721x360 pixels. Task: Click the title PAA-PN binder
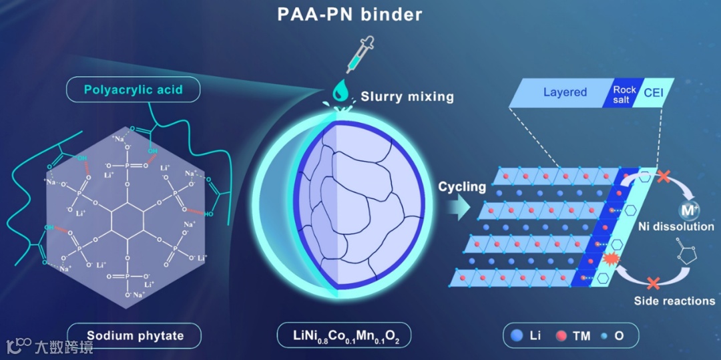(350, 15)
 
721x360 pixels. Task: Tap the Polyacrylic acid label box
(134, 89)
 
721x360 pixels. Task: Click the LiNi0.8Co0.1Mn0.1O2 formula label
(344, 335)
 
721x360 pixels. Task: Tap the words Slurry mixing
(407, 96)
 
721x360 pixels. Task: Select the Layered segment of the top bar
(564, 92)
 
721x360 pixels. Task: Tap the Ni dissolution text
(676, 226)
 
